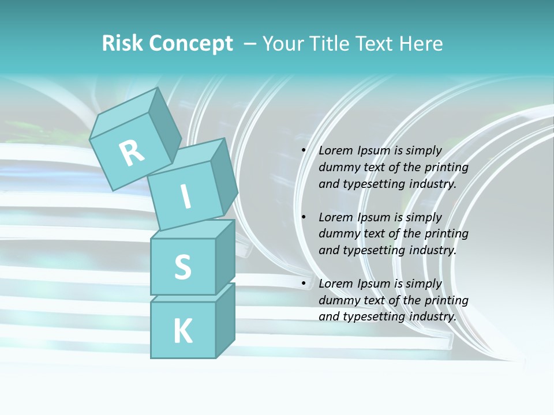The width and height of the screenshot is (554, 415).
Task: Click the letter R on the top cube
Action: [x=132, y=153]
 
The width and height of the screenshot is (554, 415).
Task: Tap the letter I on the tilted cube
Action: [x=185, y=197]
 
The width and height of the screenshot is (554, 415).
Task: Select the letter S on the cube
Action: [x=182, y=267]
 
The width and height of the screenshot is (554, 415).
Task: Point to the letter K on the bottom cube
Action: [x=182, y=331]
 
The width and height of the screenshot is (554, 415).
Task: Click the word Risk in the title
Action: [x=122, y=44]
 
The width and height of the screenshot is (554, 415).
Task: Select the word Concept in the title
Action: [x=191, y=44]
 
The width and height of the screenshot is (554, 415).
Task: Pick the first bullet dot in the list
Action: [x=304, y=151]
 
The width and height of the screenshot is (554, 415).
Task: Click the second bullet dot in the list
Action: [x=304, y=218]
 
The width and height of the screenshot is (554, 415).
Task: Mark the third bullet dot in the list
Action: [x=304, y=284]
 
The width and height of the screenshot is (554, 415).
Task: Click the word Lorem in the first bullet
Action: [x=335, y=151]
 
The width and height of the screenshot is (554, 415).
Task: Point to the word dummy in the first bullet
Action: [x=338, y=168]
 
